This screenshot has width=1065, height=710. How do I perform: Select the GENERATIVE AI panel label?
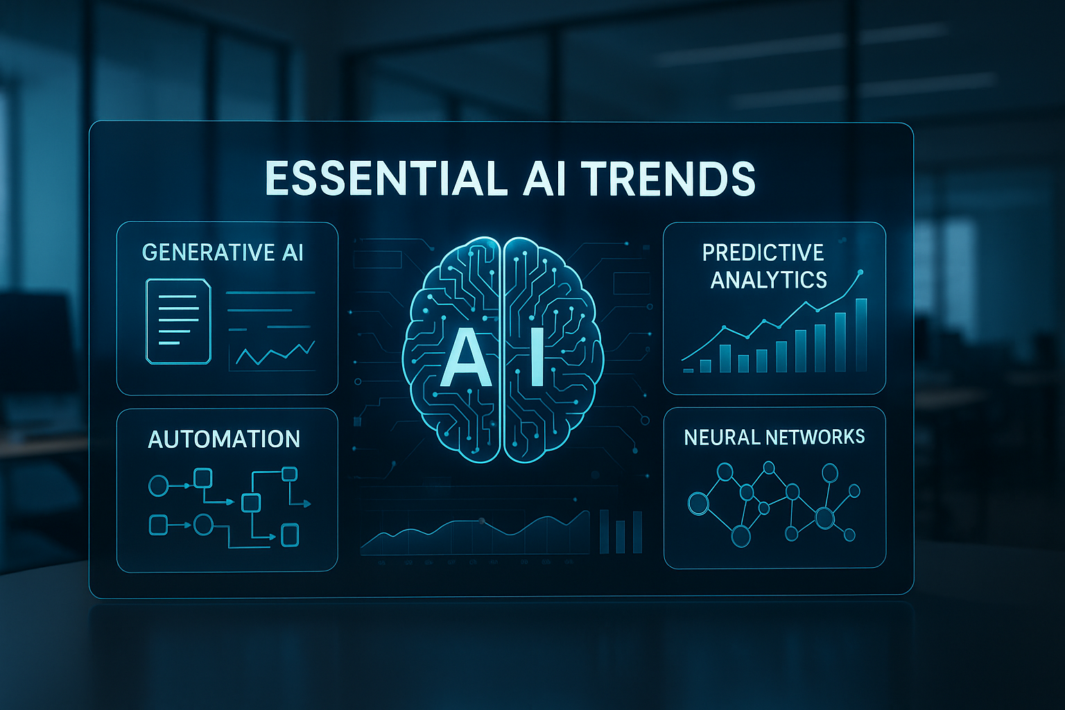pyautogui.click(x=223, y=252)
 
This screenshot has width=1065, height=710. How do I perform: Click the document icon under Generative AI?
pyautogui.click(x=178, y=321)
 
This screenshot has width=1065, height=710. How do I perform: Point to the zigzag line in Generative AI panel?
pyautogui.click(x=275, y=354)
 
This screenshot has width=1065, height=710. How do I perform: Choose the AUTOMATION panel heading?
pyautogui.click(x=224, y=439)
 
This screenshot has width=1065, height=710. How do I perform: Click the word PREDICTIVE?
pyautogui.click(x=763, y=252)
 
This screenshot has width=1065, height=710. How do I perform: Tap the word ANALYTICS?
pyautogui.click(x=769, y=279)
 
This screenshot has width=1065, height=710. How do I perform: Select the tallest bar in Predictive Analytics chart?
pyautogui.click(x=861, y=335)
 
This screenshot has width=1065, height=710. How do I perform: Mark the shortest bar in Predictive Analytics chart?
pyautogui.click(x=689, y=370)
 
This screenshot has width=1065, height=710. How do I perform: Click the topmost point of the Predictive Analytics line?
pyautogui.click(x=860, y=272)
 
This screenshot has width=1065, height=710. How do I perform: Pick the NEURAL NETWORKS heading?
pyautogui.click(x=774, y=437)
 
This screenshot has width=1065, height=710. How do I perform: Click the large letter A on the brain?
pyautogui.click(x=465, y=358)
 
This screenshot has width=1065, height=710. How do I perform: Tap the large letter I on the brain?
pyautogui.click(x=535, y=358)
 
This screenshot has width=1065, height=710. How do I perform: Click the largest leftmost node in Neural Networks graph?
pyautogui.click(x=698, y=503)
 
